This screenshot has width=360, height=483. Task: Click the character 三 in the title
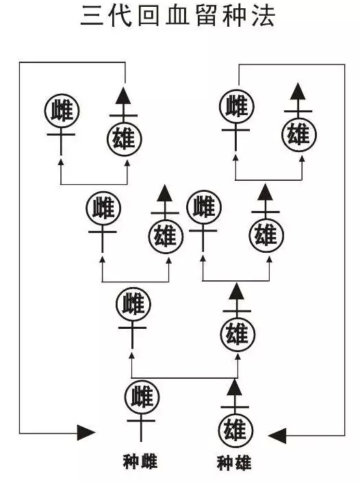pyautogui.click(x=92, y=15)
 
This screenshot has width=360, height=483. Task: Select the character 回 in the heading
pyautogui.click(x=149, y=15)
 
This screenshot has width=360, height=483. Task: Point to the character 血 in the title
pyautogui.click(x=177, y=15)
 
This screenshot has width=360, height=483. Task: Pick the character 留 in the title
pyautogui.click(x=206, y=15)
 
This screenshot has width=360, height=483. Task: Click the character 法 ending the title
pyautogui.click(x=263, y=15)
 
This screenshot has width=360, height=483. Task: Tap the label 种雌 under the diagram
pyautogui.click(x=140, y=462)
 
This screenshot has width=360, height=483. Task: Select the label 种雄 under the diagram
pyautogui.click(x=234, y=463)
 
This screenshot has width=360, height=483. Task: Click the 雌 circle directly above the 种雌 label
pyautogui.click(x=142, y=397)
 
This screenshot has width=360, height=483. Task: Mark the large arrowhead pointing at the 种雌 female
pyautogui.click(x=86, y=433)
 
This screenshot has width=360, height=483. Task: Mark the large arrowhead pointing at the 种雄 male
pyautogui.click(x=277, y=436)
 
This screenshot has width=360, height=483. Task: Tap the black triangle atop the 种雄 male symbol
pyautogui.click(x=235, y=388)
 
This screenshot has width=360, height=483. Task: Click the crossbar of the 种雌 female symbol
pyautogui.click(x=141, y=420)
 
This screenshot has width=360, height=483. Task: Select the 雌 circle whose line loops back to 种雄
pyautogui.click(x=237, y=107)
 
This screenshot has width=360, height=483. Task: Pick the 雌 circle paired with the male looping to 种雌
pyautogui.click(x=62, y=111)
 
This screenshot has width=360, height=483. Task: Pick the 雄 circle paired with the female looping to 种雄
pyautogui.click(x=299, y=134)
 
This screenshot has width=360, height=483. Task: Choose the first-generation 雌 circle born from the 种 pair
pyautogui.click(x=133, y=305)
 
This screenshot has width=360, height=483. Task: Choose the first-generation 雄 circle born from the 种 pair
pyautogui.click(x=238, y=334)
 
